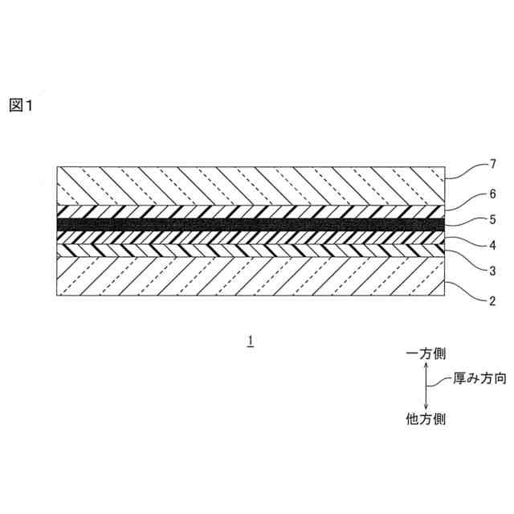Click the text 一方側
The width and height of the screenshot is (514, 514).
[426, 353]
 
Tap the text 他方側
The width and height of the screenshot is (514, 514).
[426, 419]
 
